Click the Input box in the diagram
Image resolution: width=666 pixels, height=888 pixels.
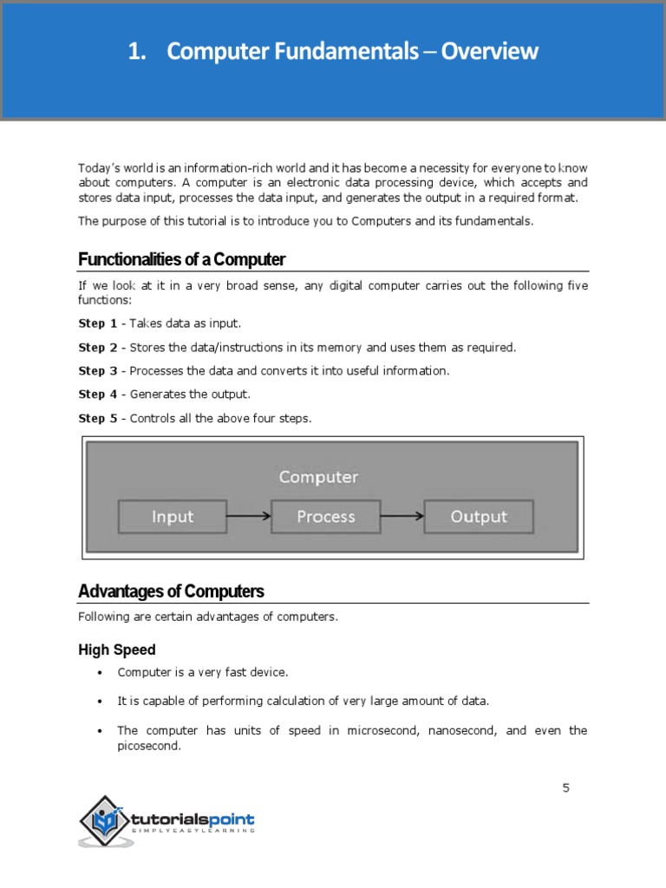point(173,517)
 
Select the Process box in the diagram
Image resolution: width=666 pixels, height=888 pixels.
point(326,517)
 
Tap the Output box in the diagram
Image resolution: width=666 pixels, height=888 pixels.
point(479,517)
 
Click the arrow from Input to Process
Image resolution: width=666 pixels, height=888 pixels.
point(249,517)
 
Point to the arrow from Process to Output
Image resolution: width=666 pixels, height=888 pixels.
point(402,517)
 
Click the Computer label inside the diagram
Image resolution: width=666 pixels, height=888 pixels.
point(318,477)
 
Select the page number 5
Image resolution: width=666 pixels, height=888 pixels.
point(566,787)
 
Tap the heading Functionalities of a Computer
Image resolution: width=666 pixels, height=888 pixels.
point(181,259)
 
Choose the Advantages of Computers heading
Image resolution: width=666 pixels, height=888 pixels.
point(171,591)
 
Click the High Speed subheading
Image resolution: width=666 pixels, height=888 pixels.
point(117,650)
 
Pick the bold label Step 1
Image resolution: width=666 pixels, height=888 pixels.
point(97,323)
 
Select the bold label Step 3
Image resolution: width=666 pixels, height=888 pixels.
point(97,371)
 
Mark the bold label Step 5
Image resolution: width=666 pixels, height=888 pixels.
point(97,419)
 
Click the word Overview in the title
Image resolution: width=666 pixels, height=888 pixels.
point(490,52)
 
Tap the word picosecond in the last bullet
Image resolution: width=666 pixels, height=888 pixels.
point(148,746)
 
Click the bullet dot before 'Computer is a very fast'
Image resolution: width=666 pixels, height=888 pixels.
point(100,673)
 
